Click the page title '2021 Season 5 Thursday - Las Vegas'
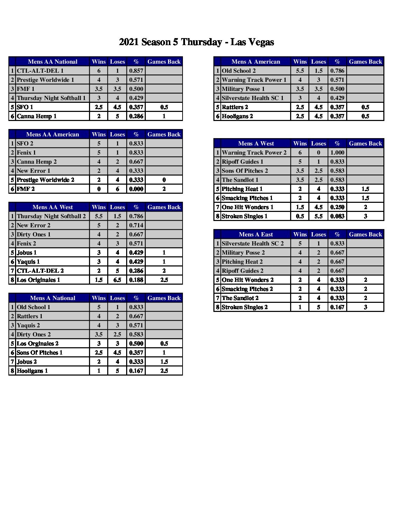196,42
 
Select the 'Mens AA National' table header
53,62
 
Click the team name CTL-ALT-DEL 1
40,71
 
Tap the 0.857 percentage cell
136,71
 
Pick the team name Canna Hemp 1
37,116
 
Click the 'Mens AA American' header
53,134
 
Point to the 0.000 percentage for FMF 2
136,189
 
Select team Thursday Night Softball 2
51,216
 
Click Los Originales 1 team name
39,280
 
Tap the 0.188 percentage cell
136,280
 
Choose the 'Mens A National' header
53,298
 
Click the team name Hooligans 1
32,371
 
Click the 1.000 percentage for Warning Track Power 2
337,152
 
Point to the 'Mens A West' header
256,143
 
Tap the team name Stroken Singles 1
245,216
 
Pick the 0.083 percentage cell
337,216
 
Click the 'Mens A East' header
256,234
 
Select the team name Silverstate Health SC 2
253,243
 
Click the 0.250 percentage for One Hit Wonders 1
337,207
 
